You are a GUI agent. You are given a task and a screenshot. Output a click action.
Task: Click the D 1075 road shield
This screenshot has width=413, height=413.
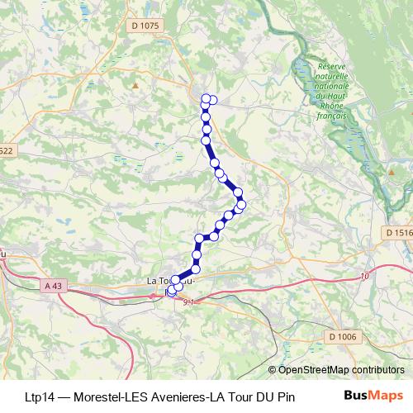point(144,26)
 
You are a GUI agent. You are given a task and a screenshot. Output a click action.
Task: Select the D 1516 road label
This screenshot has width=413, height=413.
point(397,234)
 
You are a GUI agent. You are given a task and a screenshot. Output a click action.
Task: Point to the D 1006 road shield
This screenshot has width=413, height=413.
point(341,336)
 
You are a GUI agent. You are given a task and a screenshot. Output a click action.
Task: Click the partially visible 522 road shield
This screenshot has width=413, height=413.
point(7,150)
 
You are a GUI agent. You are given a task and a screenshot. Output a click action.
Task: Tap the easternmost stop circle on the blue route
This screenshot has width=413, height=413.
point(241,203)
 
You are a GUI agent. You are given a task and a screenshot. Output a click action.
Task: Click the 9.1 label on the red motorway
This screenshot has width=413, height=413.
point(189,302)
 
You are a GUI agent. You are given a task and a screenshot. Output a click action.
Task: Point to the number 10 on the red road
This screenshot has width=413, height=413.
point(365,276)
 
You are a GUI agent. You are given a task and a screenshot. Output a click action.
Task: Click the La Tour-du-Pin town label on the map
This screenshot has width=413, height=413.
point(169,281)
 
